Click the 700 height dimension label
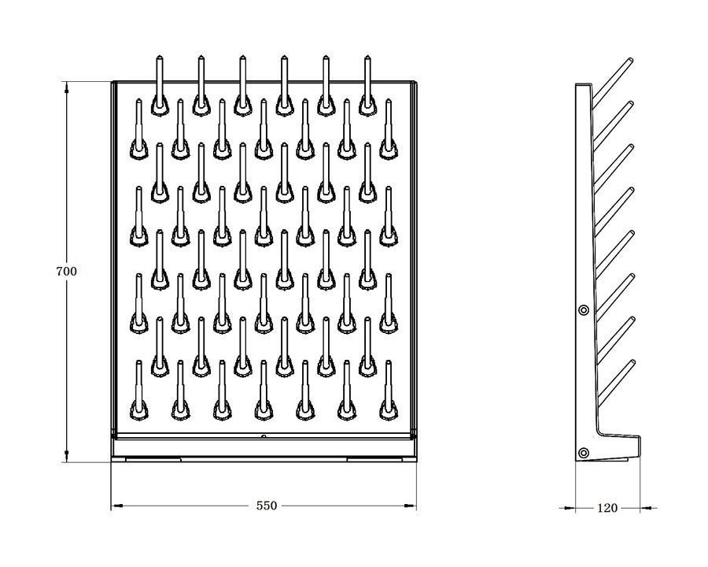pyautogui.click(x=66, y=271)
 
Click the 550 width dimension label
pyautogui.click(x=267, y=506)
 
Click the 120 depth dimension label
pyautogui.click(x=607, y=508)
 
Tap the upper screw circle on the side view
pyautogui.click(x=584, y=309)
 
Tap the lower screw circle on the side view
pyautogui.click(x=584, y=453)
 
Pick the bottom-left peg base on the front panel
pyautogui.click(x=138, y=409)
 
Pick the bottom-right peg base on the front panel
pyautogui.click(x=389, y=409)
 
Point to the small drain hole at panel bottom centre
pyautogui.click(x=264, y=436)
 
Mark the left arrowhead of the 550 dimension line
pyautogui.click(x=117, y=506)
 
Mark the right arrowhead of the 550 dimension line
pyautogui.click(x=410, y=506)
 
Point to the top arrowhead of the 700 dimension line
pyautogui.click(x=67, y=87)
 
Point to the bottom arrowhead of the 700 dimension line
pyautogui.click(x=67, y=456)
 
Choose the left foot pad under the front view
pyautogui.click(x=153, y=459)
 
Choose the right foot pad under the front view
pyautogui.click(x=374, y=459)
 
